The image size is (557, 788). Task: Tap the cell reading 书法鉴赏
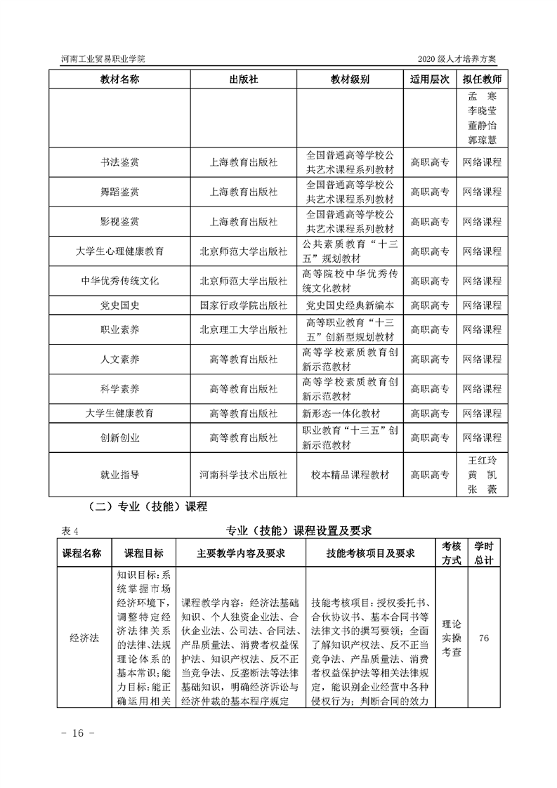[x=120, y=162]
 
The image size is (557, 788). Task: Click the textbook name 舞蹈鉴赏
[x=120, y=192]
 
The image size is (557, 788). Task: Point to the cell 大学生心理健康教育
[x=120, y=251]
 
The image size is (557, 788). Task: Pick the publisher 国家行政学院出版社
[x=244, y=305]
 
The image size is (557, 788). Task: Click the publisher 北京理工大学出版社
[x=244, y=329]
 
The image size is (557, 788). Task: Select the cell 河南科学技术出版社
[x=244, y=475]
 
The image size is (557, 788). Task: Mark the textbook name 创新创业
[x=120, y=438]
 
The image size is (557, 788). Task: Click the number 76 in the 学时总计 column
[x=483, y=638]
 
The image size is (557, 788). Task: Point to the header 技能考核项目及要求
[x=371, y=553]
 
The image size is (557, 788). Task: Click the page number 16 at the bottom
[x=73, y=733]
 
